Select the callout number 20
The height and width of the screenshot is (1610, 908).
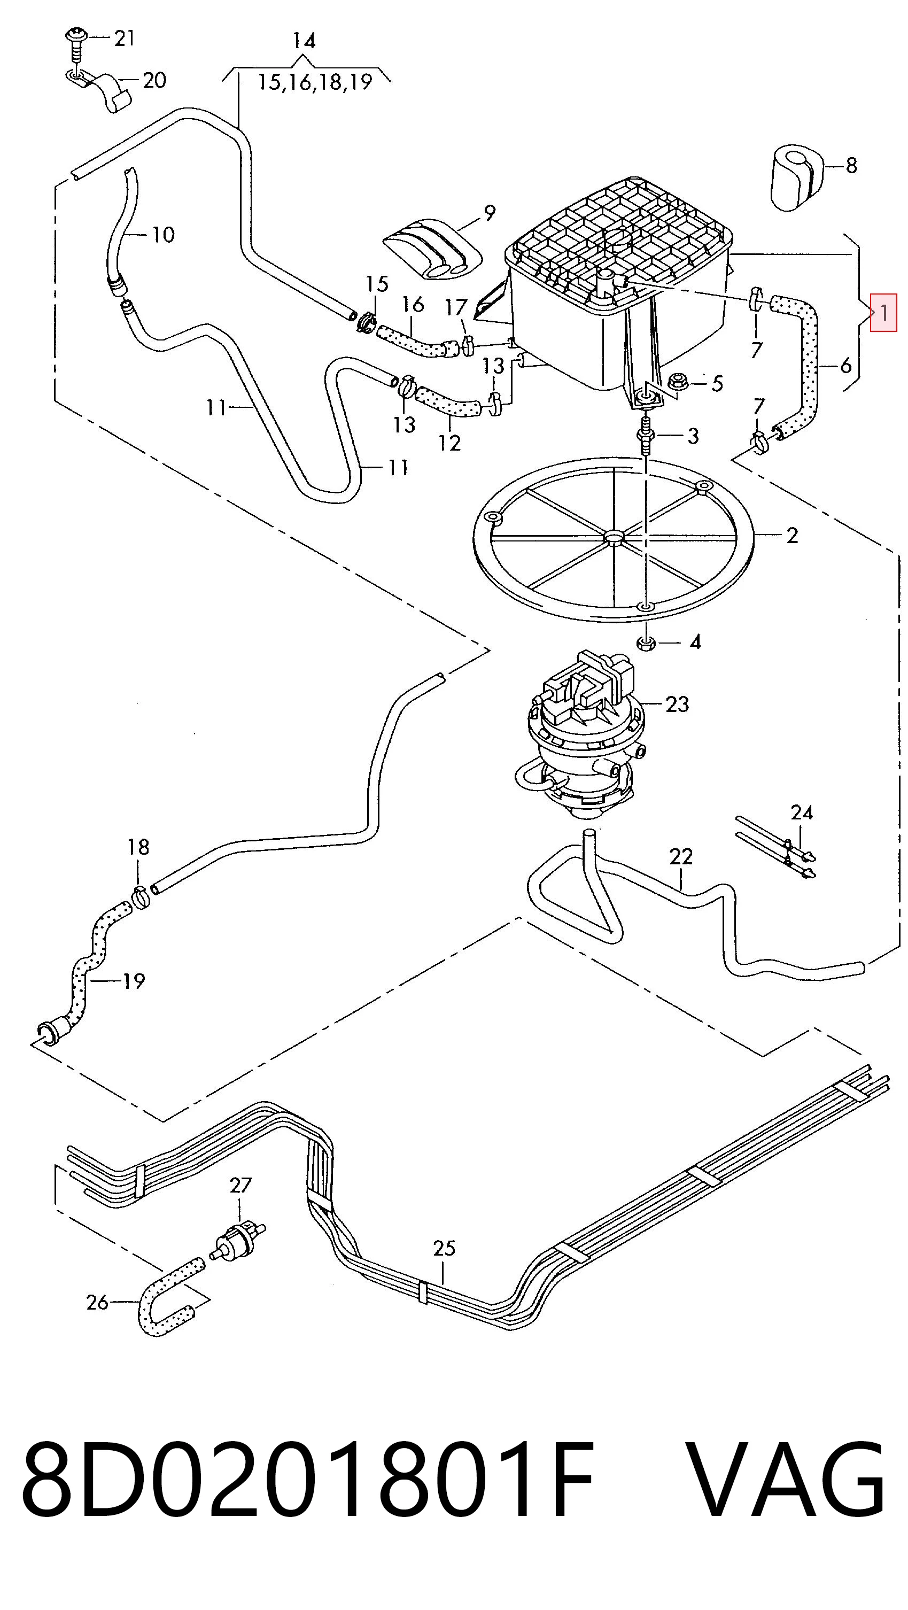click(x=154, y=80)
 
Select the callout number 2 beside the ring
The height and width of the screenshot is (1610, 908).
click(x=792, y=536)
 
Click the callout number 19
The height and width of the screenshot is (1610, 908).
click(x=133, y=981)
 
